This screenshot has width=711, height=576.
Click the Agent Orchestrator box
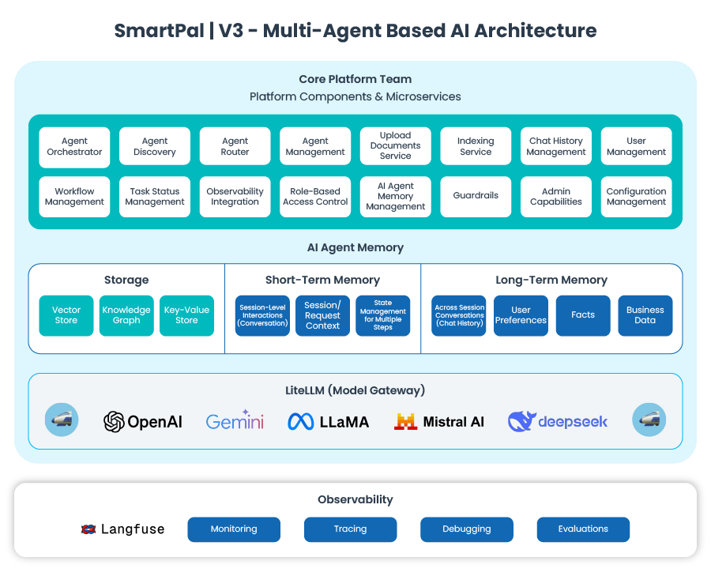coord(74,147)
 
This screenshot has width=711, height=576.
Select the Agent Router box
coord(235,147)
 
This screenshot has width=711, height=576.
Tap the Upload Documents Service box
coord(395,147)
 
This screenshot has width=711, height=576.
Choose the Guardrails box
coord(476,197)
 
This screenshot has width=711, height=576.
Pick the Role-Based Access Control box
coord(315,197)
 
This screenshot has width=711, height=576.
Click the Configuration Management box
coord(636,197)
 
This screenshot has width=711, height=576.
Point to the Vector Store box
coord(66,315)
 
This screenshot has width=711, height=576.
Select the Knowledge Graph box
coord(126,315)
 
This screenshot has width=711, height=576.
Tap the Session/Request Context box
coord(322,315)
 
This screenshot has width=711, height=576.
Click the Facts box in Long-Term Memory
coord(583,315)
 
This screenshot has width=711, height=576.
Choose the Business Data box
coord(645,315)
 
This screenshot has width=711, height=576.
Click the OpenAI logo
coord(143,422)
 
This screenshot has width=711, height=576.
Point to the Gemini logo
coord(235,420)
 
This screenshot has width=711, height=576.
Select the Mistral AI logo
coord(439,422)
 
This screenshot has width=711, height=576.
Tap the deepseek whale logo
coord(521,421)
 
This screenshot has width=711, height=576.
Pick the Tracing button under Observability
coord(350,529)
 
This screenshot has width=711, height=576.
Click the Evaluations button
coord(583,529)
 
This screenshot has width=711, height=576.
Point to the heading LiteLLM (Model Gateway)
coord(355,390)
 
